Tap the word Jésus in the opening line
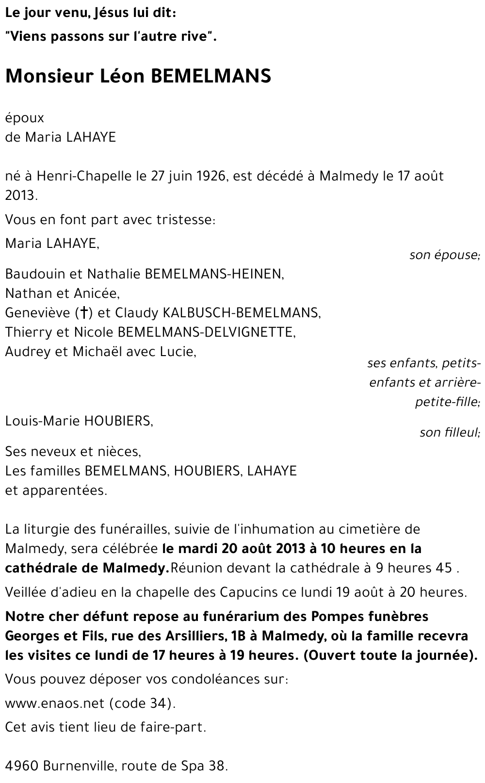(117, 14)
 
